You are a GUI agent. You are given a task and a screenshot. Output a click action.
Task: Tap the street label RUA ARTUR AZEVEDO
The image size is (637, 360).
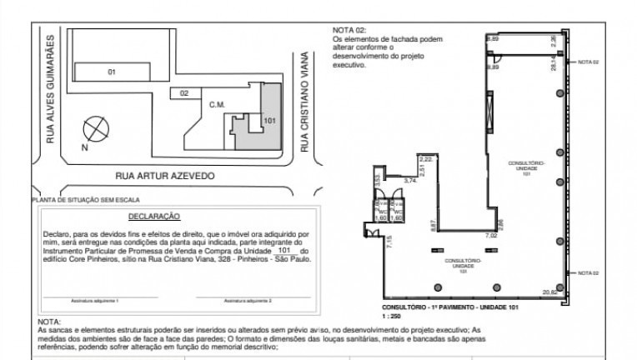pyautogui.click(x=165, y=177)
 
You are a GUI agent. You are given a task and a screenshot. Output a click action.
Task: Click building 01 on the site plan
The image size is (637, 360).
pyautogui.click(x=111, y=72)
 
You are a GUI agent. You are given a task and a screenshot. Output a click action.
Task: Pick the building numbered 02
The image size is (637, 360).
pyautogui.click(x=183, y=93)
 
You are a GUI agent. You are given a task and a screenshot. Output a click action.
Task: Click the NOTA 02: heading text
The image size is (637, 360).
pyautogui.click(x=349, y=29)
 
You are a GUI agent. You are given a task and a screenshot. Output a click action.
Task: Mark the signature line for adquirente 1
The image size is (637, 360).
pyautogui.click(x=106, y=297)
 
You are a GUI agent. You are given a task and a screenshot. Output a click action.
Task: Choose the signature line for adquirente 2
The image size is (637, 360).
pyautogui.click(x=248, y=297)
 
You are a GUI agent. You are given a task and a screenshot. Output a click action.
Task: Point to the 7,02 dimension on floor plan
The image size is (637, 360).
pyautogui.click(x=492, y=236)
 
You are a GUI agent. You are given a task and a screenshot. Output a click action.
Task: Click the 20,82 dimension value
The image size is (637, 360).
pyautogui.click(x=549, y=292)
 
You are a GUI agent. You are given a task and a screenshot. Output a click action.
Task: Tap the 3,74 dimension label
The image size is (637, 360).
pyautogui.click(x=410, y=180)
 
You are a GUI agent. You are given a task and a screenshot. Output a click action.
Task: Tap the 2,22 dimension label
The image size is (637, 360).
pyautogui.click(x=426, y=158)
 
